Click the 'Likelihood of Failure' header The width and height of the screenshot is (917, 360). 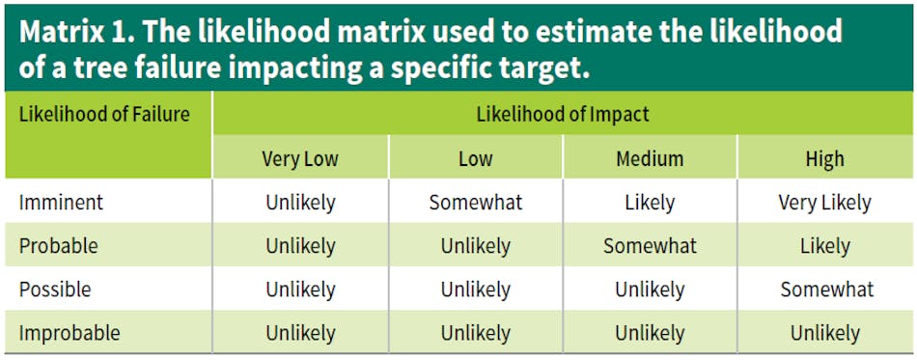click(x=104, y=114)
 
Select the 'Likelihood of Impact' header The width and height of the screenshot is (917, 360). click(x=563, y=114)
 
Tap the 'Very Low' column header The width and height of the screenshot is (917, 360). click(x=300, y=158)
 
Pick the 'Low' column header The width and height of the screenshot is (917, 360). click(x=475, y=158)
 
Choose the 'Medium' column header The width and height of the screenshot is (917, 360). click(x=650, y=158)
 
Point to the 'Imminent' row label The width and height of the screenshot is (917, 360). click(x=61, y=203)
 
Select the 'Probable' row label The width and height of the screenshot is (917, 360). click(x=59, y=246)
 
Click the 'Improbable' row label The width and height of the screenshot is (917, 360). click(x=69, y=333)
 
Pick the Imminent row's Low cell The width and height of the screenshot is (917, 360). click(x=475, y=203)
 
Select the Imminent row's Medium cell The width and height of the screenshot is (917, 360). click(x=650, y=203)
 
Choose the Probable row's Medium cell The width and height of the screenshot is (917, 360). click(x=650, y=246)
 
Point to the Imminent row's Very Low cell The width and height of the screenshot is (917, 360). click(x=300, y=203)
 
